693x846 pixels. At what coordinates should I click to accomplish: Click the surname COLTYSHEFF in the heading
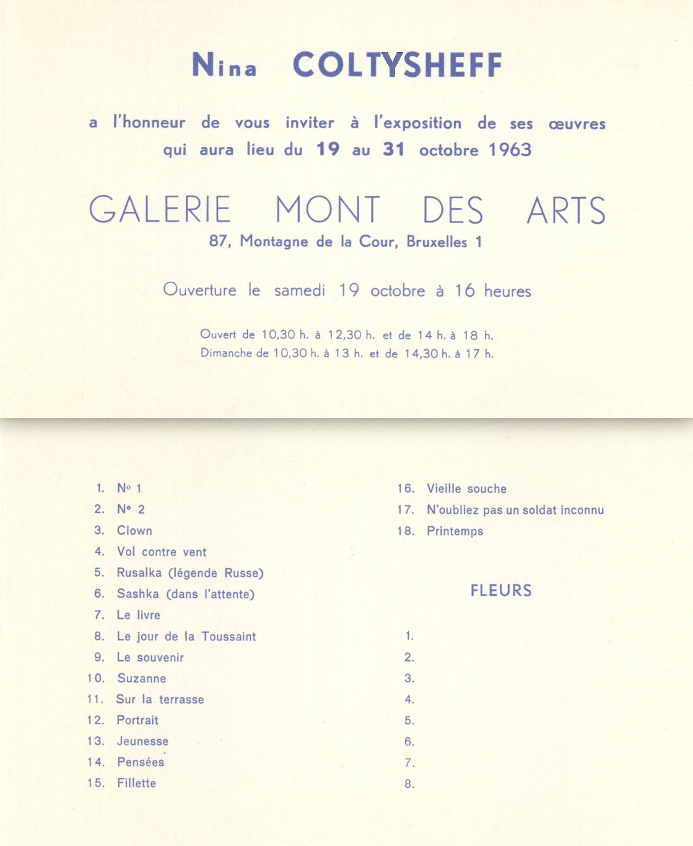tap(397, 64)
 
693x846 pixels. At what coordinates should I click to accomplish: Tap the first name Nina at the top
tap(224, 65)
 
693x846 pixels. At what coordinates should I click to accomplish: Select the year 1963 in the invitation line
tap(510, 150)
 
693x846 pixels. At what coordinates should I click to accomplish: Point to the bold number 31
tap(393, 149)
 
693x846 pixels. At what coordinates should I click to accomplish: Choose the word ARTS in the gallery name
tap(566, 211)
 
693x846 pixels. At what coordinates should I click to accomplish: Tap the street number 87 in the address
tap(219, 241)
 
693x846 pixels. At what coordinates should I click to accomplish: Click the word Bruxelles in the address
tap(437, 242)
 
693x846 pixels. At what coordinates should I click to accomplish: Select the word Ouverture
tap(199, 290)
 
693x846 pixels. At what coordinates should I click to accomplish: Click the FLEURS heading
tap(500, 590)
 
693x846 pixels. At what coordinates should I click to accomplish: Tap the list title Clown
tap(134, 531)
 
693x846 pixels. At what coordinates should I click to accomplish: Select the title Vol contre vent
tap(162, 552)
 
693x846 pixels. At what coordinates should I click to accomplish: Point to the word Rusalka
tap(139, 573)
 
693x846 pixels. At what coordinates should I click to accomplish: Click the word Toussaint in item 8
tap(229, 637)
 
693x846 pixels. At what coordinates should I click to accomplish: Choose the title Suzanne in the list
tap(141, 679)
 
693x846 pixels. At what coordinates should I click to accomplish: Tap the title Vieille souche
tap(466, 489)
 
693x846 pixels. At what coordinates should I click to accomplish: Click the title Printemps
tap(455, 531)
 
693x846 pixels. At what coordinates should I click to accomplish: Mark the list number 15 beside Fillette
tap(95, 783)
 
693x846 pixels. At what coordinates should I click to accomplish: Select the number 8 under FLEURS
tap(409, 784)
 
